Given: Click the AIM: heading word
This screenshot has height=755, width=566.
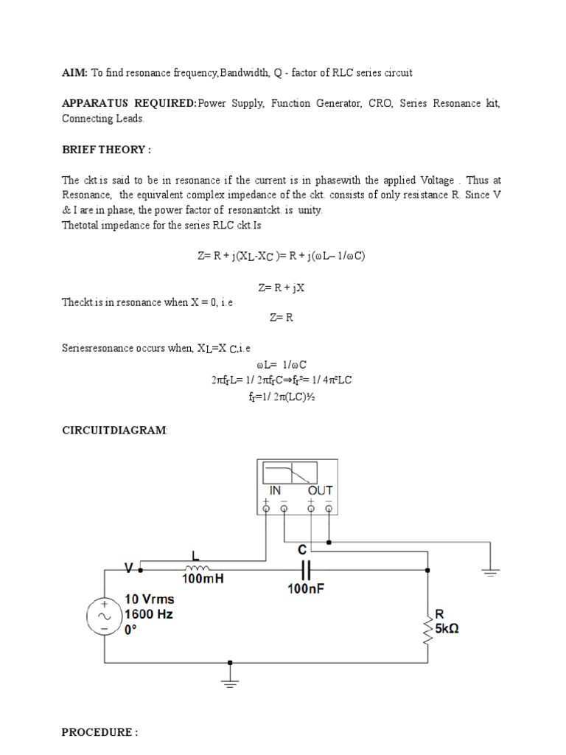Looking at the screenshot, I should pyautogui.click(x=74, y=73).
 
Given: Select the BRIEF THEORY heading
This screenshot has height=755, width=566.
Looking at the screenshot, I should pyautogui.click(x=106, y=150).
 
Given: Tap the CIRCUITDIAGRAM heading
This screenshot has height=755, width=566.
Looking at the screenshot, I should pyautogui.click(x=114, y=430).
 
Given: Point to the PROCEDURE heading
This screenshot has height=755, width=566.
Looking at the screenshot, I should pyautogui.click(x=99, y=732).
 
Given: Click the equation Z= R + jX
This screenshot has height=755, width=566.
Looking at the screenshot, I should pyautogui.click(x=282, y=288).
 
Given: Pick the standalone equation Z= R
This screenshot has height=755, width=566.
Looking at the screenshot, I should pyautogui.click(x=282, y=317).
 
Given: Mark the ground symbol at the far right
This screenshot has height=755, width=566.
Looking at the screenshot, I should pyautogui.click(x=490, y=571).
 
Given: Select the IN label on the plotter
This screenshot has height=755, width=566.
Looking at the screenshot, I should pyautogui.click(x=275, y=490).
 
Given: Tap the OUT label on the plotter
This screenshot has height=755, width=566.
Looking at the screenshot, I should pyautogui.click(x=320, y=490).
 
